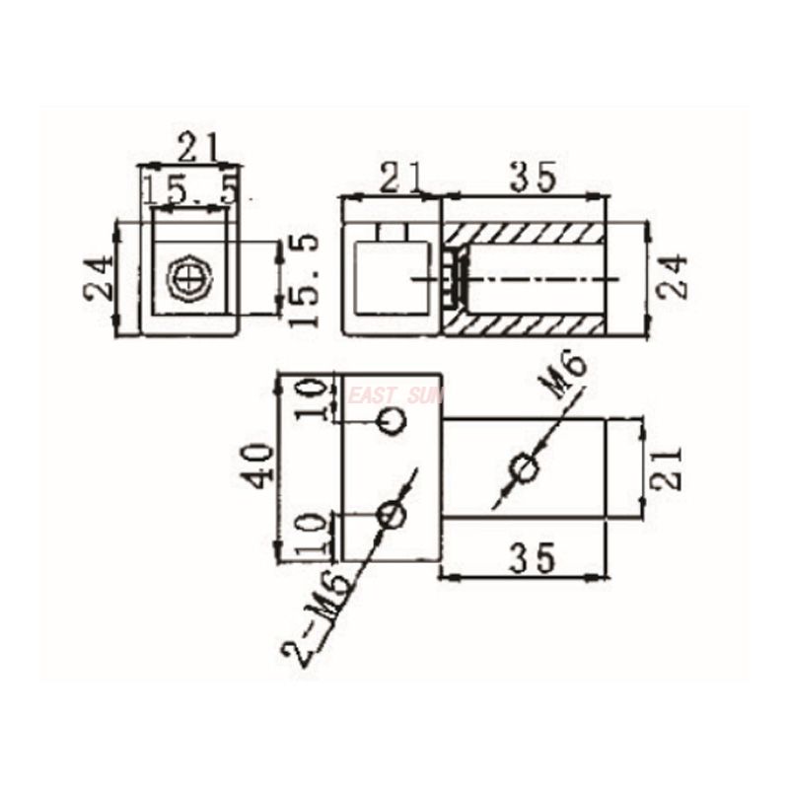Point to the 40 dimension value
point(261,466)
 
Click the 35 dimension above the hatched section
point(534,178)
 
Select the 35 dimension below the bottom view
point(533,557)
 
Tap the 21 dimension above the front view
point(199,146)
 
